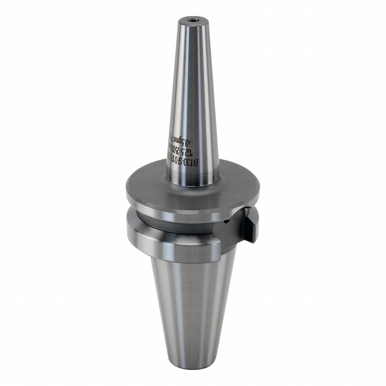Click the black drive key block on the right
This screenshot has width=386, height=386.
pos(249,224)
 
